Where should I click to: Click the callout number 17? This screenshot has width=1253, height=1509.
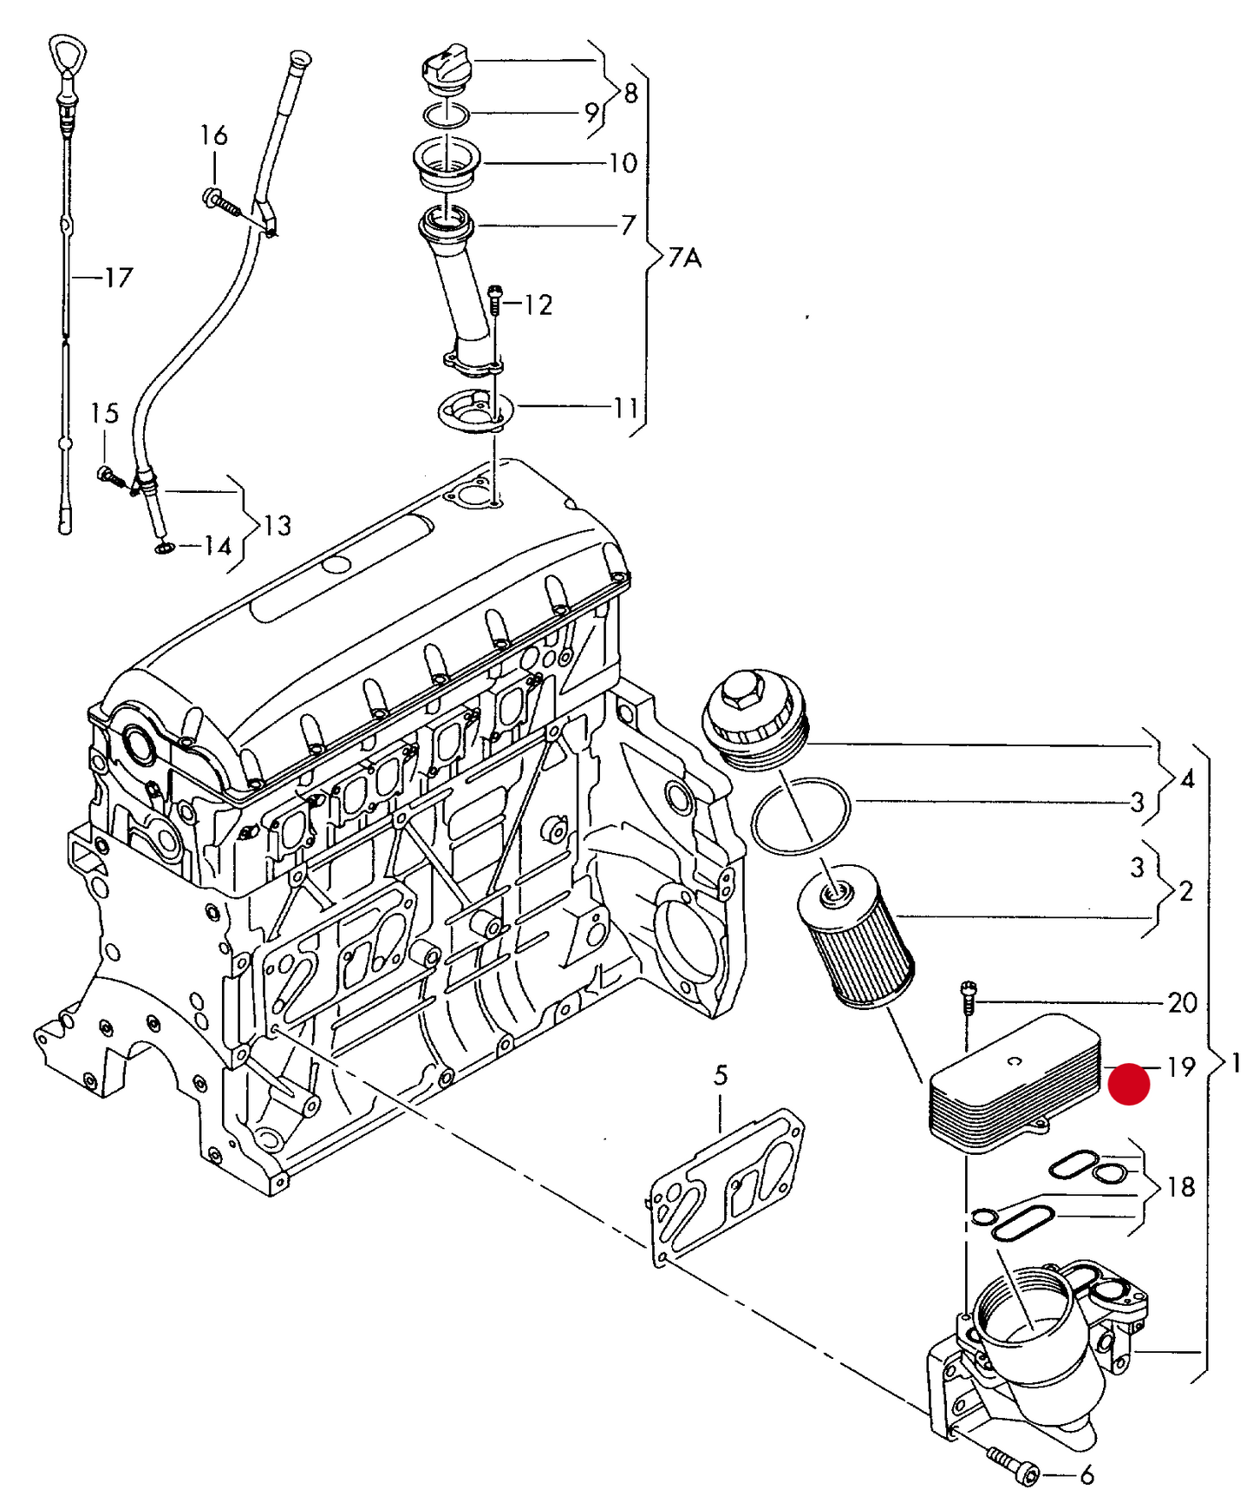click(119, 278)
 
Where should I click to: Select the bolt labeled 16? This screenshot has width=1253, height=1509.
click(220, 202)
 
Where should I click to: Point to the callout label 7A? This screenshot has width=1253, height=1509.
click(684, 258)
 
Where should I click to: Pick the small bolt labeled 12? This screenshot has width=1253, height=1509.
click(494, 299)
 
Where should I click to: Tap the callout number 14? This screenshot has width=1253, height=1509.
click(218, 546)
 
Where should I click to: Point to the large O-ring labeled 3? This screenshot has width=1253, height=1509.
click(801, 815)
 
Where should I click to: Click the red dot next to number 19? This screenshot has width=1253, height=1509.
click(1129, 1084)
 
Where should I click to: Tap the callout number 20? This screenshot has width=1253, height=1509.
click(1182, 1003)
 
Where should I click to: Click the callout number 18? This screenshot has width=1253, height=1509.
click(1181, 1186)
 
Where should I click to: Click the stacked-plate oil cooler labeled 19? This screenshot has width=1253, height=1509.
click(1013, 1085)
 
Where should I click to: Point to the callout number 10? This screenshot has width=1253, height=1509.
click(623, 163)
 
